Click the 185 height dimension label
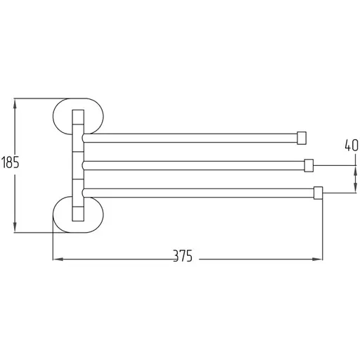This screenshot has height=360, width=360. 10,162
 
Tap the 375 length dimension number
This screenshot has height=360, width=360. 183,256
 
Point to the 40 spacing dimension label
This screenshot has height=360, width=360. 352,145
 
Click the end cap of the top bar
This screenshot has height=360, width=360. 302,138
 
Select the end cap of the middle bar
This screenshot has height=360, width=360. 309,165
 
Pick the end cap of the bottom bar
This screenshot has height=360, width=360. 318,193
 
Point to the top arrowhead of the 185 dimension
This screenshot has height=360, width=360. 15,104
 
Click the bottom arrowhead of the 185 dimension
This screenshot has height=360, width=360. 15,227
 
